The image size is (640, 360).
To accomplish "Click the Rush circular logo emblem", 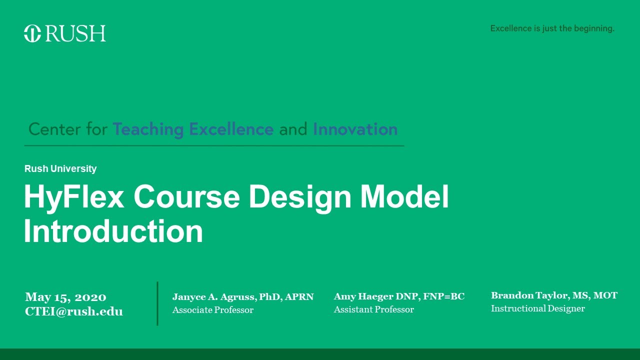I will click(32, 33).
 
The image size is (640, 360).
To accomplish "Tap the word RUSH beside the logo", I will click(75, 33).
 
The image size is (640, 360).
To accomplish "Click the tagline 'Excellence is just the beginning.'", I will click(552, 28).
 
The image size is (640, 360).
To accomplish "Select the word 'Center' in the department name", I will click(54, 129).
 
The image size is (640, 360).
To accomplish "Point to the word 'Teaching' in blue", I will click(148, 129).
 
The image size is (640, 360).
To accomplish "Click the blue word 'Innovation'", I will click(355, 129).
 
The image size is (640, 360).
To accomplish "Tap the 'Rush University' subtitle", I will click(60, 169).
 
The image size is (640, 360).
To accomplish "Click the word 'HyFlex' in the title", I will click(74, 197).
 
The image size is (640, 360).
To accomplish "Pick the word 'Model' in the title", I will click(404, 197).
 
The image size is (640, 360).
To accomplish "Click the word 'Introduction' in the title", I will click(113, 231).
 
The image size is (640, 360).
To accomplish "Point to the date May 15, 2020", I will click(65, 297).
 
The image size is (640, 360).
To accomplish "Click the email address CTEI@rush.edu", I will click(74, 311).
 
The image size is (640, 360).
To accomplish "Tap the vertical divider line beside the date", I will click(157, 303).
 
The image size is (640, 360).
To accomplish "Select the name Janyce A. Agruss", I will click(214, 297).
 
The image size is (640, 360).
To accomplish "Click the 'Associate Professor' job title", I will click(213, 310).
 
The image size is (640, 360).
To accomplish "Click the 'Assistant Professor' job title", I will click(374, 309).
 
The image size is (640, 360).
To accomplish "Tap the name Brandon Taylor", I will click(529, 295).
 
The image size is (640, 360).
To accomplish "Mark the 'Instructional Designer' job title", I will click(538, 308).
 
